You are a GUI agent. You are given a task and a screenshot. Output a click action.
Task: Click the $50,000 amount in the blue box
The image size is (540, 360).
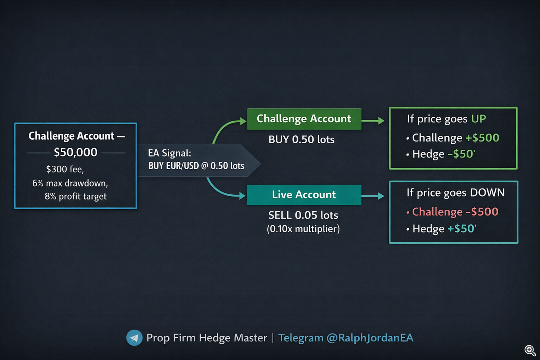[76, 152]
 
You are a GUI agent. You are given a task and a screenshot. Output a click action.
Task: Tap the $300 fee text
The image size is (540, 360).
[65, 169]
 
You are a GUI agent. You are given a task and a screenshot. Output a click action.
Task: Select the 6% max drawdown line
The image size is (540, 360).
[70, 183]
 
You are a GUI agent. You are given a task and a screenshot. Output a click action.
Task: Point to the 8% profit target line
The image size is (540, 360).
[76, 197]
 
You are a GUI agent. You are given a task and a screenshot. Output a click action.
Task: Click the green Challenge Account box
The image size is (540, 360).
[304, 119]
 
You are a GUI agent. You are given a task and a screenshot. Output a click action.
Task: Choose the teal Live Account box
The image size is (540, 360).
[304, 195]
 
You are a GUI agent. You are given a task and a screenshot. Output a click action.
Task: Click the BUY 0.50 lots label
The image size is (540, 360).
[301, 140]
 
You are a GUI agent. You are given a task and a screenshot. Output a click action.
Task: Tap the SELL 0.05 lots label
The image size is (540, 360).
[303, 215]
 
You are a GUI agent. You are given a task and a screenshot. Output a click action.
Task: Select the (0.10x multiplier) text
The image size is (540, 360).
[303, 229]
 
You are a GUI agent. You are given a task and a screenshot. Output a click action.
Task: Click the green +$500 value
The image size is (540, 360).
[482, 138]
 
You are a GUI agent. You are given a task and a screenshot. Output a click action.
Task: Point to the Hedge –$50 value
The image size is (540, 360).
[461, 154]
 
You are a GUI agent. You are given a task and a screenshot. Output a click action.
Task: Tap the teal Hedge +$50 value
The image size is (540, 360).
[462, 229]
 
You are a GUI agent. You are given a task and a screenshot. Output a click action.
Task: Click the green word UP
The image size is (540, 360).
[478, 119]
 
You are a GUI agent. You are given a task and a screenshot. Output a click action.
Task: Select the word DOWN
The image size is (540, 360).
[487, 193]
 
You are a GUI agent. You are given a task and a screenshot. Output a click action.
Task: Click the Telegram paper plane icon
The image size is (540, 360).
[134, 338]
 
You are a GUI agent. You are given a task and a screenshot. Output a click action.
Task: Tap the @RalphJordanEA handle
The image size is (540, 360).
[370, 338]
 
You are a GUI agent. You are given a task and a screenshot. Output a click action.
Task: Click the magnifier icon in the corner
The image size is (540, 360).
[530, 350]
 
